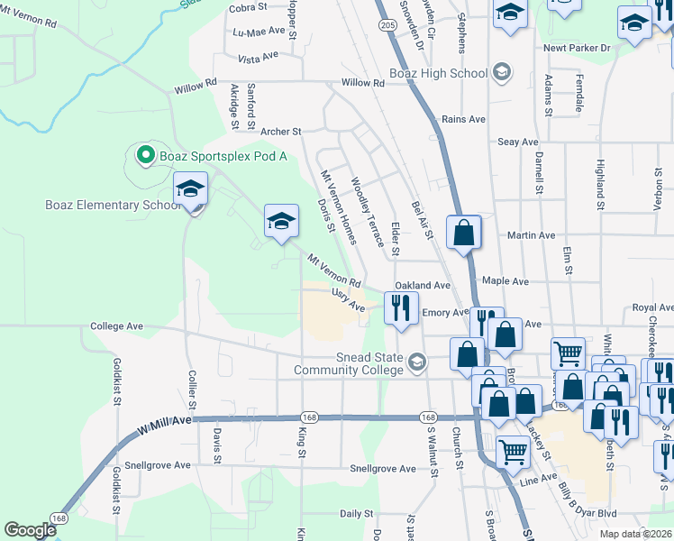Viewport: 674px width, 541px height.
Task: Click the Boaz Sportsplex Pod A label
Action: [223, 156]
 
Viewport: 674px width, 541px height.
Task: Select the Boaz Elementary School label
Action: [114, 205]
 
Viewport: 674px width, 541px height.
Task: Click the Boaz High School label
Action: [438, 73]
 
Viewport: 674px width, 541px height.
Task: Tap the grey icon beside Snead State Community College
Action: [416, 363]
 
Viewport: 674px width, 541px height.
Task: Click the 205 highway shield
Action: [387, 25]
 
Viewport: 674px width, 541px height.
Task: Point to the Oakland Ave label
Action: [423, 285]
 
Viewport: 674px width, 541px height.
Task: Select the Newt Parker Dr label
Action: [578, 47]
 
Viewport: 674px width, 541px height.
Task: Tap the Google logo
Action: [31, 530]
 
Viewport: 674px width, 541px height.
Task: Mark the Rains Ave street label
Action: [463, 119]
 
